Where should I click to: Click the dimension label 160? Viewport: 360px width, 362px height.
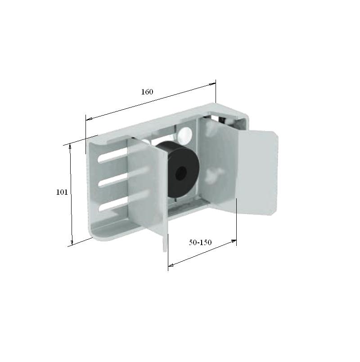[x=147, y=92]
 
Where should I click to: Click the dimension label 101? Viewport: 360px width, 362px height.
[x=62, y=192]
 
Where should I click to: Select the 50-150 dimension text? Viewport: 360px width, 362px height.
[x=200, y=242]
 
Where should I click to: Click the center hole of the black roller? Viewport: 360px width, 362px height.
[x=181, y=173]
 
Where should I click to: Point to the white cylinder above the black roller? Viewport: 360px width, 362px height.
[x=184, y=134]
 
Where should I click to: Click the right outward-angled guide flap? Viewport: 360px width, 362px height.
[x=256, y=173]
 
